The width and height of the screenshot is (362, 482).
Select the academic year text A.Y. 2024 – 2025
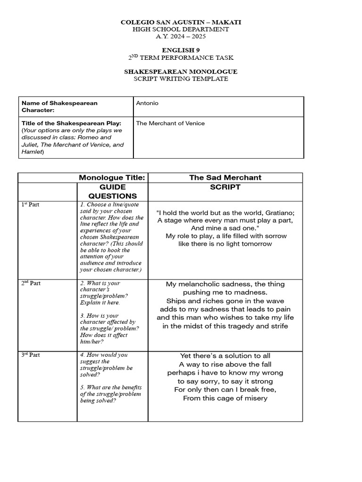pos(181,36)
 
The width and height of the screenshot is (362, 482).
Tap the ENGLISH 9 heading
pos(181,50)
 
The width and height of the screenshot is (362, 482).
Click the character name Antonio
pos(146,103)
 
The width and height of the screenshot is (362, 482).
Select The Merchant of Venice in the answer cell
pos(170,123)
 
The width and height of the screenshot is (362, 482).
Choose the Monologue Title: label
pos(112,177)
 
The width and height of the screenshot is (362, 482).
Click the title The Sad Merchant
pos(225,177)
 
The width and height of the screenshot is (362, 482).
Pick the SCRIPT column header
pos(225,187)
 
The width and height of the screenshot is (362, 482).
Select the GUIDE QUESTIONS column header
pos(113,191)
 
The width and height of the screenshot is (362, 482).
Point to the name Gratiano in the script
pos(278,212)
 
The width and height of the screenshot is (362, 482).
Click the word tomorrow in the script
pos(255,244)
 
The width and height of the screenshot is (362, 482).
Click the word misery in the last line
pos(254,398)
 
